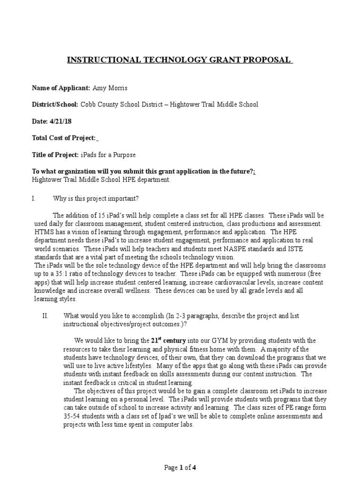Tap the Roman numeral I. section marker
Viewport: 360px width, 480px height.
tap(34, 198)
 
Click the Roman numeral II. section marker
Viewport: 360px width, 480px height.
tap(45, 316)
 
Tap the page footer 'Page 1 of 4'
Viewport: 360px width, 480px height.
tap(180, 467)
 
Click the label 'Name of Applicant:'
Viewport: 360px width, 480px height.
tap(60, 88)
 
